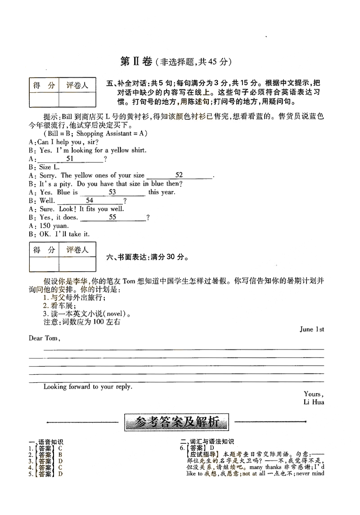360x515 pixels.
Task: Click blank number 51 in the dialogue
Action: pyautogui.click(x=70, y=159)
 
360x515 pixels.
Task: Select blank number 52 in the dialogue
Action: pyautogui.click(x=179, y=175)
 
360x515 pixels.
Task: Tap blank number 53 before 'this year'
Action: pyautogui.click(x=112, y=192)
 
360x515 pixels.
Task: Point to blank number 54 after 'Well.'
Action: pyautogui.click(x=90, y=201)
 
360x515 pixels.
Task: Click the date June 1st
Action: pyautogui.click(x=312, y=329)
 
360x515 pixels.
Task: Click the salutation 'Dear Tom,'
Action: pyautogui.click(x=44, y=338)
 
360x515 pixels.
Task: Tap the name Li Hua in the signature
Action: pyautogui.click(x=314, y=402)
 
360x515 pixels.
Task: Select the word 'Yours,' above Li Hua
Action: pyautogui.click(x=313, y=394)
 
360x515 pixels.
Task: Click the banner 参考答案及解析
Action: pyautogui.click(x=176, y=422)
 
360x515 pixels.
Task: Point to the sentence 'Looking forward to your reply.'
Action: pyautogui.click(x=88, y=387)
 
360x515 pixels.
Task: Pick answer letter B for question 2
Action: pyautogui.click(x=60, y=454)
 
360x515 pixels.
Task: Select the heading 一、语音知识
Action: pyautogui.click(x=46, y=442)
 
